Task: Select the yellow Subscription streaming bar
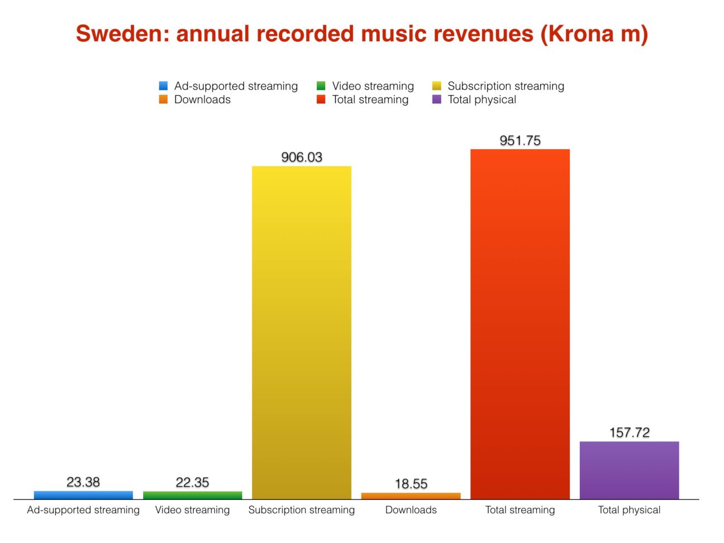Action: coord(302,332)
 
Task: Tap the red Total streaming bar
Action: coord(520,324)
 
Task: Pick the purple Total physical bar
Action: coord(629,470)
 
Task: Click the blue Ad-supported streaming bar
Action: coord(83,495)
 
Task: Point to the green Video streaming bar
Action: coord(193,496)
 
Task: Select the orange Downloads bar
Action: coord(411,496)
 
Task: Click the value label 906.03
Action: coord(302,157)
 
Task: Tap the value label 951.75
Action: coord(520,140)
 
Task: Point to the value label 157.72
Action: coord(630,432)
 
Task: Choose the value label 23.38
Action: coord(83,482)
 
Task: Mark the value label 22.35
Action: coord(193,482)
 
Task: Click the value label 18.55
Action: coord(411,484)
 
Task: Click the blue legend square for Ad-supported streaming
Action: coord(163,86)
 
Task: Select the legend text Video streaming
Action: coord(373,86)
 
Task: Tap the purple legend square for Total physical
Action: coord(437,99)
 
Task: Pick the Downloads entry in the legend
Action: coord(202,99)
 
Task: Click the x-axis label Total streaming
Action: coord(520,510)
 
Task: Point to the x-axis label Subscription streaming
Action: coord(302,510)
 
